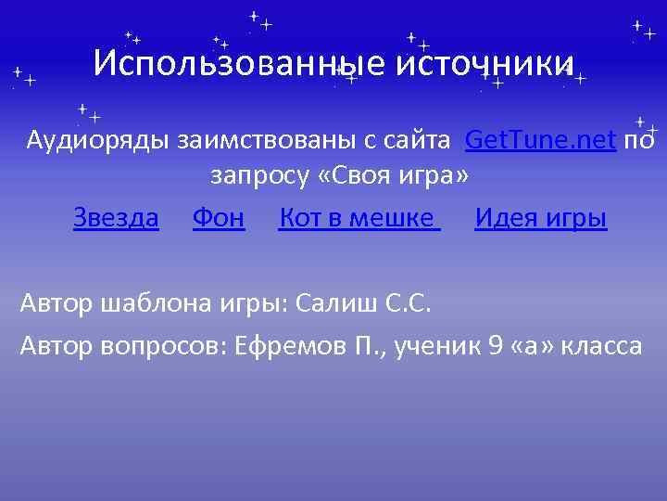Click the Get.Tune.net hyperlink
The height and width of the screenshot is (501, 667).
tap(540, 140)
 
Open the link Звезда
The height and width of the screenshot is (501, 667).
tap(116, 219)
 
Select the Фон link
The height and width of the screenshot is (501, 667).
tap(219, 219)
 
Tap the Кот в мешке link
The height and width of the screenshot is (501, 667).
tap(358, 219)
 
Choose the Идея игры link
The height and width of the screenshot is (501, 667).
tap(541, 219)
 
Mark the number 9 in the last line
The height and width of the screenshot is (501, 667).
tap(496, 346)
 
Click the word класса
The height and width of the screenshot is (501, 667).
tap(603, 346)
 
